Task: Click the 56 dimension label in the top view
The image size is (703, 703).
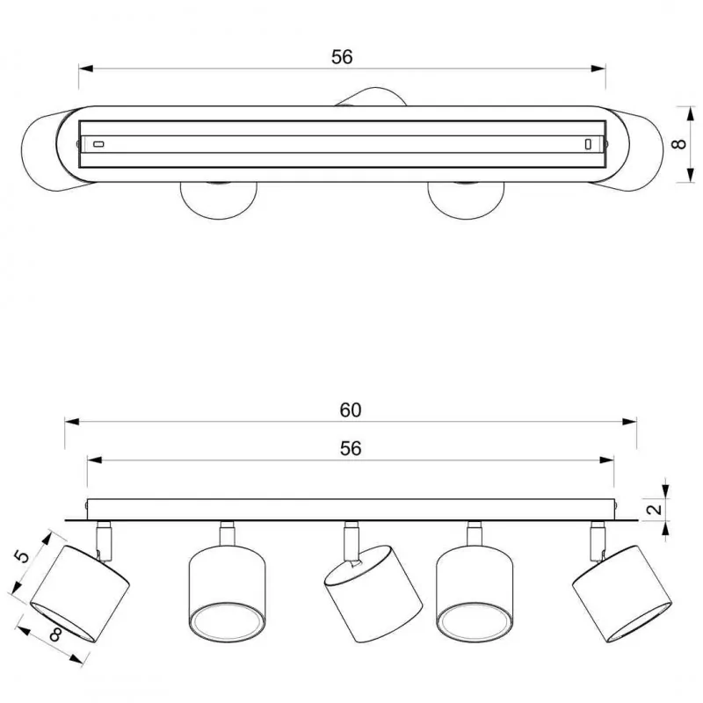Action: pyautogui.click(x=342, y=57)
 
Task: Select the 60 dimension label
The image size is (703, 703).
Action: pyautogui.click(x=350, y=410)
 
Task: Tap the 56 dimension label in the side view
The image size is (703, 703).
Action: pyautogui.click(x=350, y=448)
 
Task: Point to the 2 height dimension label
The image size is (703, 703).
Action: pyautogui.click(x=656, y=509)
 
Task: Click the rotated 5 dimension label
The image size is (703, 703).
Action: pyautogui.click(x=21, y=556)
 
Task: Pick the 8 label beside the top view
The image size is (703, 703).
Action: pyautogui.click(x=679, y=144)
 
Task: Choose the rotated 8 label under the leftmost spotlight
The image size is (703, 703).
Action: pyautogui.click(x=56, y=634)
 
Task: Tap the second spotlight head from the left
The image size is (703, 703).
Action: pyautogui.click(x=228, y=594)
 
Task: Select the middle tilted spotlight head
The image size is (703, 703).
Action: pyautogui.click(x=373, y=594)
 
